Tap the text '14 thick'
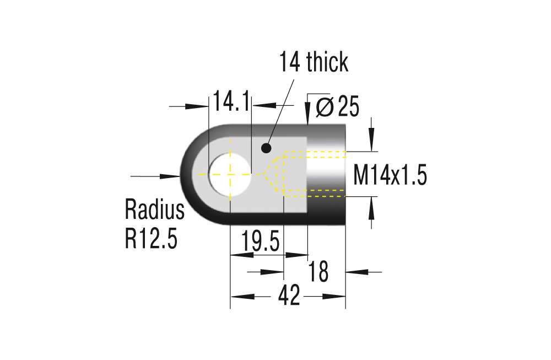314,62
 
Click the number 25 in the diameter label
348,107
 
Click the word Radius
154,210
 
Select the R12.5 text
151,238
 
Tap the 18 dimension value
319,272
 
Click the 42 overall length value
289,297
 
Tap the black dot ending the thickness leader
267,148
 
